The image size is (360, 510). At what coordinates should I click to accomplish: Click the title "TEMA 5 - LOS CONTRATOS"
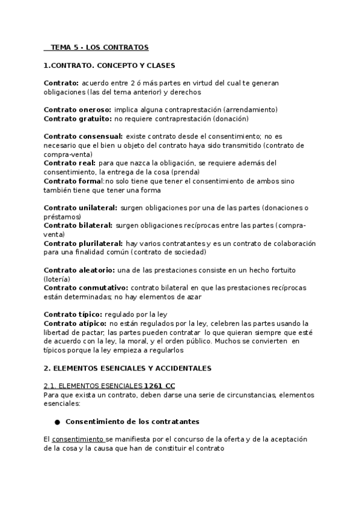[99, 47]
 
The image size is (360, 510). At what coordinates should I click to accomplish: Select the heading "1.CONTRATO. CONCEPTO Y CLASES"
[109, 65]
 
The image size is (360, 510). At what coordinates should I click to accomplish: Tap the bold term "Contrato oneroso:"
[78, 110]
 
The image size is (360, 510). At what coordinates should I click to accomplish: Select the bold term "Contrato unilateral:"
[81, 207]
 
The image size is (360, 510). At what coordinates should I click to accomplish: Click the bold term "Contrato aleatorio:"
[80, 270]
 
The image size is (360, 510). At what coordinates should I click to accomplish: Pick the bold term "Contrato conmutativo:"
[86, 287]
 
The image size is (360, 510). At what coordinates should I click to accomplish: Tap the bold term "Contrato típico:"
[73, 314]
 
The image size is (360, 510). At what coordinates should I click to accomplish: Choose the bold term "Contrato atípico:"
[75, 323]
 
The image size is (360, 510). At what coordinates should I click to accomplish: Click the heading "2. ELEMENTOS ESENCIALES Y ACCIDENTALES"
[127, 367]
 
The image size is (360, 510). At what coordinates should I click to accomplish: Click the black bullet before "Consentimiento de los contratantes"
[57, 422]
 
